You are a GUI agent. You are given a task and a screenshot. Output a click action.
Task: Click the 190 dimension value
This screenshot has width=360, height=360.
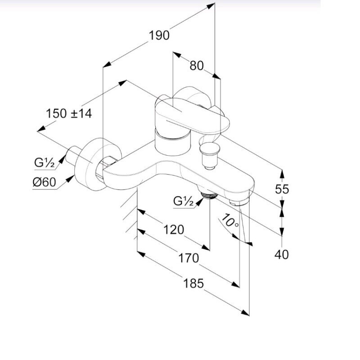point(159,36)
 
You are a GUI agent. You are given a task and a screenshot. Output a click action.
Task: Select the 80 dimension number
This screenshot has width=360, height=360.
point(197,66)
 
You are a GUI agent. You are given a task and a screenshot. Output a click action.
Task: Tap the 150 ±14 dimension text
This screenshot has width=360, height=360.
point(69,113)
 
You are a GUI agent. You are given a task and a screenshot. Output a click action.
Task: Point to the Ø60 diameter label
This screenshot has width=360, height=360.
point(44,182)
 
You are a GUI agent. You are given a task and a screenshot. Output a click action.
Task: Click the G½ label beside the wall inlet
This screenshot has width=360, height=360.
point(44,163)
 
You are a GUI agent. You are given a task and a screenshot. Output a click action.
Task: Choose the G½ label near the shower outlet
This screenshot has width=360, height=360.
point(184,201)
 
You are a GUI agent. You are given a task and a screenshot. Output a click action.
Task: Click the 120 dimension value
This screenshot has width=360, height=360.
point(174,229)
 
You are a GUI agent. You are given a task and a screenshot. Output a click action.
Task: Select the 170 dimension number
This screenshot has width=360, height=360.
point(189,258)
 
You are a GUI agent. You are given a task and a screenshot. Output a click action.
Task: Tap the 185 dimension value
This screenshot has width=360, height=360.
point(193,283)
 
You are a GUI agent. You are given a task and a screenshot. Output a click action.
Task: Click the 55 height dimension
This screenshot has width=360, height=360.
point(282,189)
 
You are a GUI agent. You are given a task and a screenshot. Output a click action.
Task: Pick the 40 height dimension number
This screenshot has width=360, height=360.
point(282,254)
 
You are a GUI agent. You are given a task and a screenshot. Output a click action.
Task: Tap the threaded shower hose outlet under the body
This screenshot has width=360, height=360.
point(209,195)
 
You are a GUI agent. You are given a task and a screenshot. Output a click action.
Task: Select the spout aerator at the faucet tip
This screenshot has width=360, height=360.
point(239,202)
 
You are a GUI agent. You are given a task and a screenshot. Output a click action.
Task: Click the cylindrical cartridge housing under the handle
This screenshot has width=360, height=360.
point(173,142)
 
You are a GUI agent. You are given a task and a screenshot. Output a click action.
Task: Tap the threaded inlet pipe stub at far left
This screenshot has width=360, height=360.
point(72,155)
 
